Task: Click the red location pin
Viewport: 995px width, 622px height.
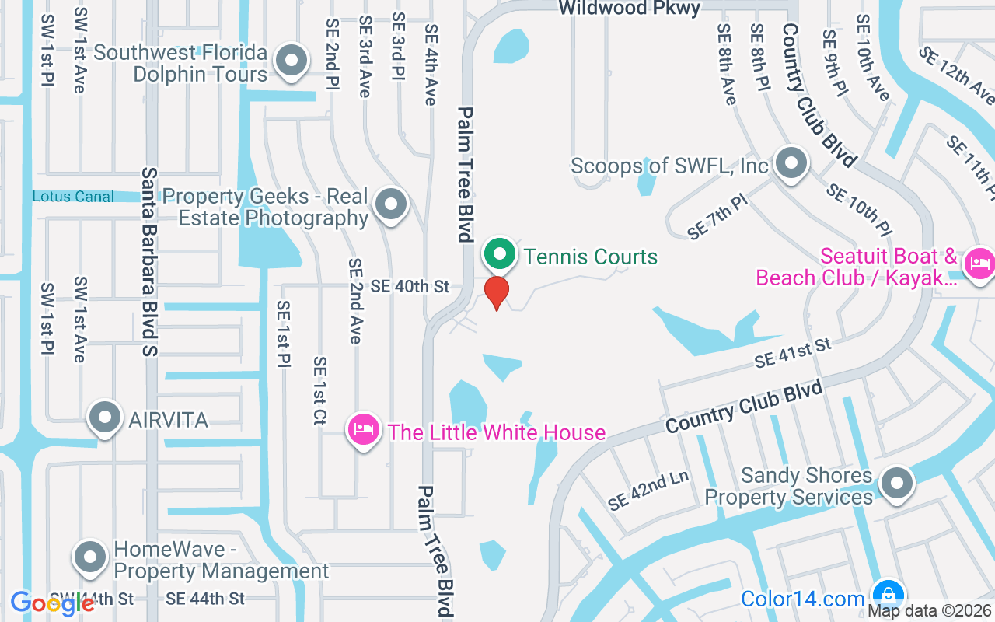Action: click(x=496, y=292)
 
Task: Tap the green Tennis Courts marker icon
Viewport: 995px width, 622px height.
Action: click(x=500, y=254)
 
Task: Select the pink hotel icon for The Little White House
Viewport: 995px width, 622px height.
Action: click(x=363, y=429)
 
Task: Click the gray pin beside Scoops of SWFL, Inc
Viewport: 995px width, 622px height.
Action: click(x=791, y=164)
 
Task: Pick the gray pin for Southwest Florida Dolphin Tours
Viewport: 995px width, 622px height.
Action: click(x=292, y=60)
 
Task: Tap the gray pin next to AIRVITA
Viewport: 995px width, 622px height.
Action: click(x=105, y=418)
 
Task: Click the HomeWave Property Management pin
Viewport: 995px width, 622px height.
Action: click(x=90, y=557)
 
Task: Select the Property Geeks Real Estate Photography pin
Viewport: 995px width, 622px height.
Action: click(x=390, y=204)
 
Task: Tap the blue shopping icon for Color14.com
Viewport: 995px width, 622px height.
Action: click(x=887, y=595)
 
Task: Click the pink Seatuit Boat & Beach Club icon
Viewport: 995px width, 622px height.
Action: click(x=979, y=264)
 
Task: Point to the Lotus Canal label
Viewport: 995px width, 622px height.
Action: click(x=73, y=197)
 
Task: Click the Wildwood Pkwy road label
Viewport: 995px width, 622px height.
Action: click(x=630, y=9)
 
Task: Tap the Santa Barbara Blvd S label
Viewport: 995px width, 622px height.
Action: click(x=149, y=262)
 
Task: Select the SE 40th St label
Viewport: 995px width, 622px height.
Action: click(x=410, y=287)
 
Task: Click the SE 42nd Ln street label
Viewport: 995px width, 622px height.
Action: click(x=648, y=491)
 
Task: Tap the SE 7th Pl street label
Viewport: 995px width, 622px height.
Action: click(x=717, y=217)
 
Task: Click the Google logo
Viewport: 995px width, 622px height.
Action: click(x=52, y=603)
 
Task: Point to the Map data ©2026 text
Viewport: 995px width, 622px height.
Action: click(x=930, y=611)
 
